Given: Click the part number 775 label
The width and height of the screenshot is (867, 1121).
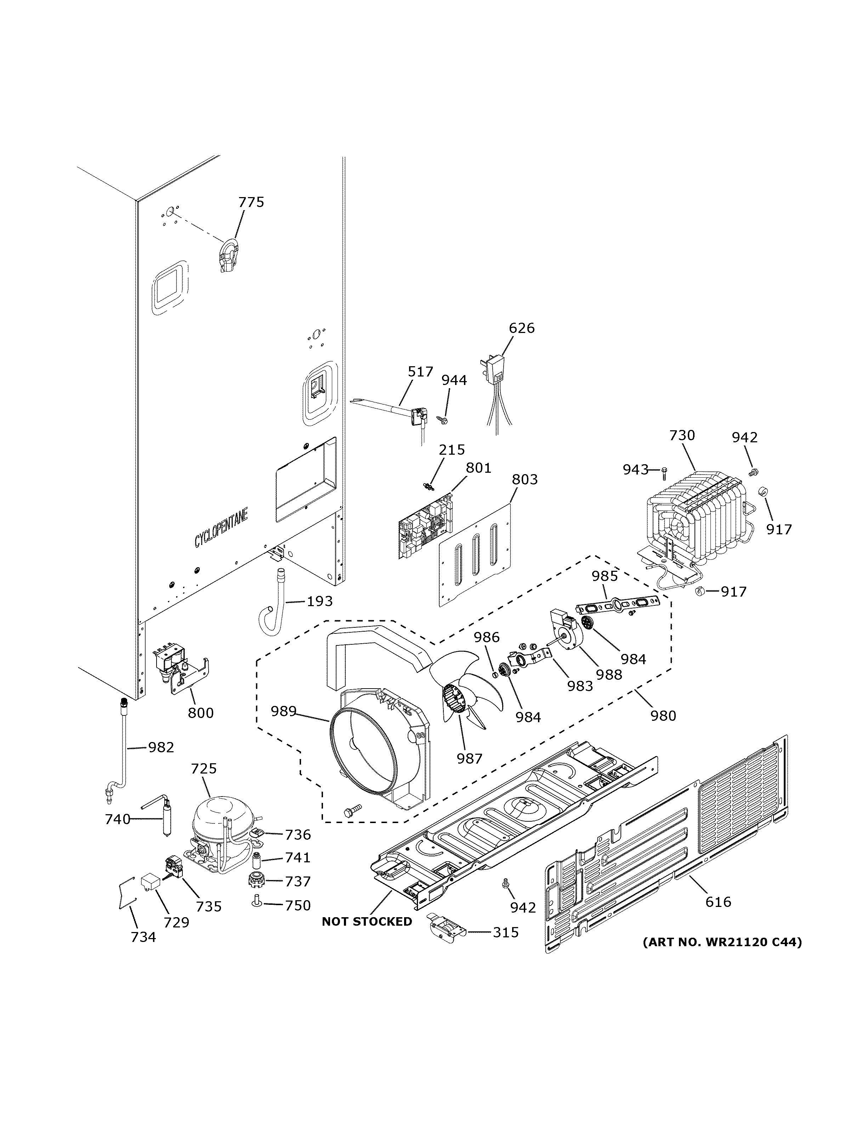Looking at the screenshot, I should pyautogui.click(x=251, y=202).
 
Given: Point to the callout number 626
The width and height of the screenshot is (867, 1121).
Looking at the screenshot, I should pyautogui.click(x=521, y=328).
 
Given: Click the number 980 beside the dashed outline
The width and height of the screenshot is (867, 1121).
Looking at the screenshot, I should pyautogui.click(x=663, y=715).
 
